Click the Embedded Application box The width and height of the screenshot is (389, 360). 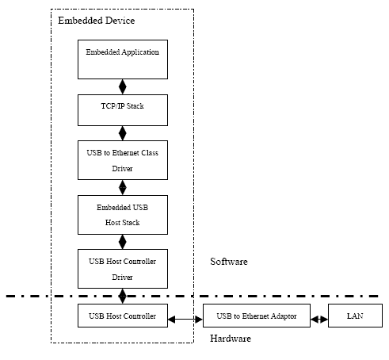[x=123, y=59]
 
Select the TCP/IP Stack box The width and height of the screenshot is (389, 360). [x=123, y=110]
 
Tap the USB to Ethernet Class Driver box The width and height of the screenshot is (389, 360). [x=123, y=160]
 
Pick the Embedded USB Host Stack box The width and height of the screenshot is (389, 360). [x=123, y=215]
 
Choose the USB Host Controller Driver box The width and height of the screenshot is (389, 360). [x=123, y=269]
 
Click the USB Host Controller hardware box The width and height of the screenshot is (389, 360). [x=123, y=316]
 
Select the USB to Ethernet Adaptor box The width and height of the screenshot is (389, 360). [x=257, y=316]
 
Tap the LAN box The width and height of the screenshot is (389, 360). [x=355, y=316]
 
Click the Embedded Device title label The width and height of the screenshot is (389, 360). [x=97, y=21]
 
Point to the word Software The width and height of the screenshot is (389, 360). [x=229, y=262]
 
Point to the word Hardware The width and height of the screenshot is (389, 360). [x=231, y=339]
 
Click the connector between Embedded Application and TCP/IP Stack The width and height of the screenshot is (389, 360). [x=123, y=86]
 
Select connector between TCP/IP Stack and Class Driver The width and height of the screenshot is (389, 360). [x=123, y=133]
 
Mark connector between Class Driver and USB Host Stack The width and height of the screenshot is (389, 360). [x=123, y=188]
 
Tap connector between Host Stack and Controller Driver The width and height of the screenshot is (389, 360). [x=123, y=242]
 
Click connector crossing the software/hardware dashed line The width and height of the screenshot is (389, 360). [x=123, y=296]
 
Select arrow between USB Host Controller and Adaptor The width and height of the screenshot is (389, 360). [x=185, y=320]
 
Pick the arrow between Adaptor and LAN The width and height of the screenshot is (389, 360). [x=319, y=320]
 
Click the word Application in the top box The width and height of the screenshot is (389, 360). [x=140, y=52]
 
